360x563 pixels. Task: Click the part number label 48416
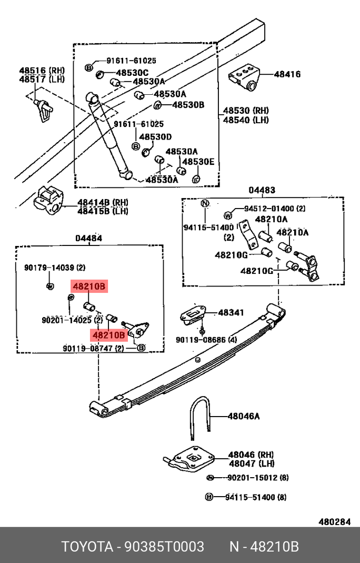tap(287, 74)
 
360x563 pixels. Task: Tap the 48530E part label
tap(198, 162)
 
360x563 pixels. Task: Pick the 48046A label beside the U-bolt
tap(244, 416)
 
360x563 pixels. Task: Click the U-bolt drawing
tap(201, 417)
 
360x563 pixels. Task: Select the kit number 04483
tap(262, 190)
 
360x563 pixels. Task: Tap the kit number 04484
tap(88, 238)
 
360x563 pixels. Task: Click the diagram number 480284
tap(334, 522)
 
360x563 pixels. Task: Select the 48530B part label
tap(188, 105)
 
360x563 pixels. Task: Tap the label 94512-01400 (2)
tap(274, 209)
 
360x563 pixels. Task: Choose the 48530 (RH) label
tap(245, 111)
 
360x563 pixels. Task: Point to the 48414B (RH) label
tap(103, 202)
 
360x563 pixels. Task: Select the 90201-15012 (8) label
tap(258, 478)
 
